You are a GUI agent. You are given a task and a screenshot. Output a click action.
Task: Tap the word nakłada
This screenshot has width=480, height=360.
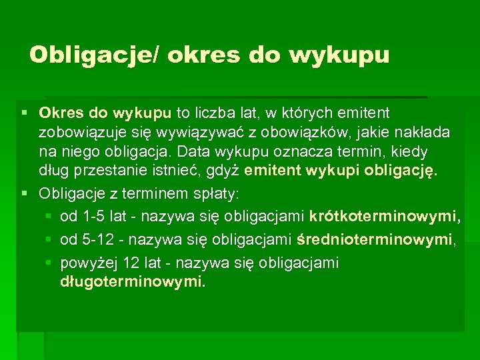click(x=424, y=133)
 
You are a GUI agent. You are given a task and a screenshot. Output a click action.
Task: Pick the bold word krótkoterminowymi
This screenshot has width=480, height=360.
click(x=385, y=217)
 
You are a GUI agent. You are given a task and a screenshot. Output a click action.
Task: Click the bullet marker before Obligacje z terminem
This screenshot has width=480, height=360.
click(x=25, y=194)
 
